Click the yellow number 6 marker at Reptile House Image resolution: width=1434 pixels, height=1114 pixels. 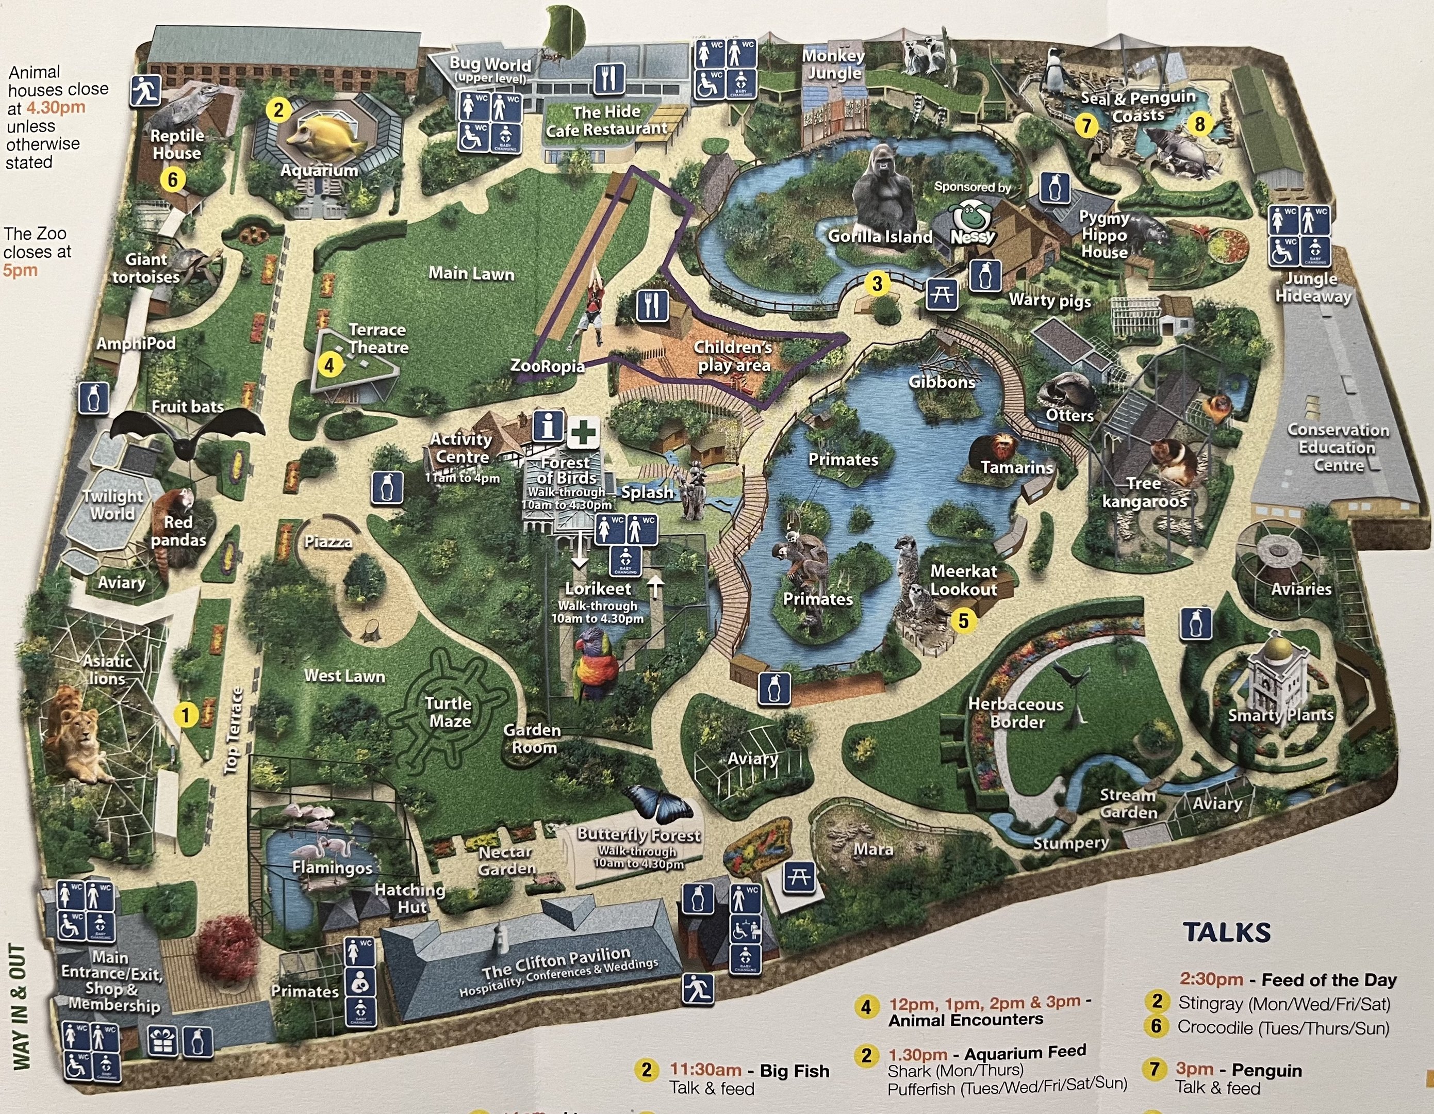[x=173, y=179]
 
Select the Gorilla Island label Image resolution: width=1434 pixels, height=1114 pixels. [x=880, y=236]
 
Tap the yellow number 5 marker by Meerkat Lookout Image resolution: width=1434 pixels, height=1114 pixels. [x=963, y=620]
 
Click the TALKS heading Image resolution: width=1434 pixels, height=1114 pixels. [x=1227, y=932]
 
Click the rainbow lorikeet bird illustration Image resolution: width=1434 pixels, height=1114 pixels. [x=596, y=663]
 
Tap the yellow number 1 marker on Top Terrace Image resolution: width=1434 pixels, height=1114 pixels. [x=186, y=715]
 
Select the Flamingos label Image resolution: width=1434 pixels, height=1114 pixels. [x=332, y=867]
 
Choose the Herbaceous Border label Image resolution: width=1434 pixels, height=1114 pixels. [x=1016, y=713]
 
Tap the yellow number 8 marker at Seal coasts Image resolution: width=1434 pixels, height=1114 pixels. [x=1199, y=123]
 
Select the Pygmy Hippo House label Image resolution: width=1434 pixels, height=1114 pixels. [x=1105, y=235]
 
